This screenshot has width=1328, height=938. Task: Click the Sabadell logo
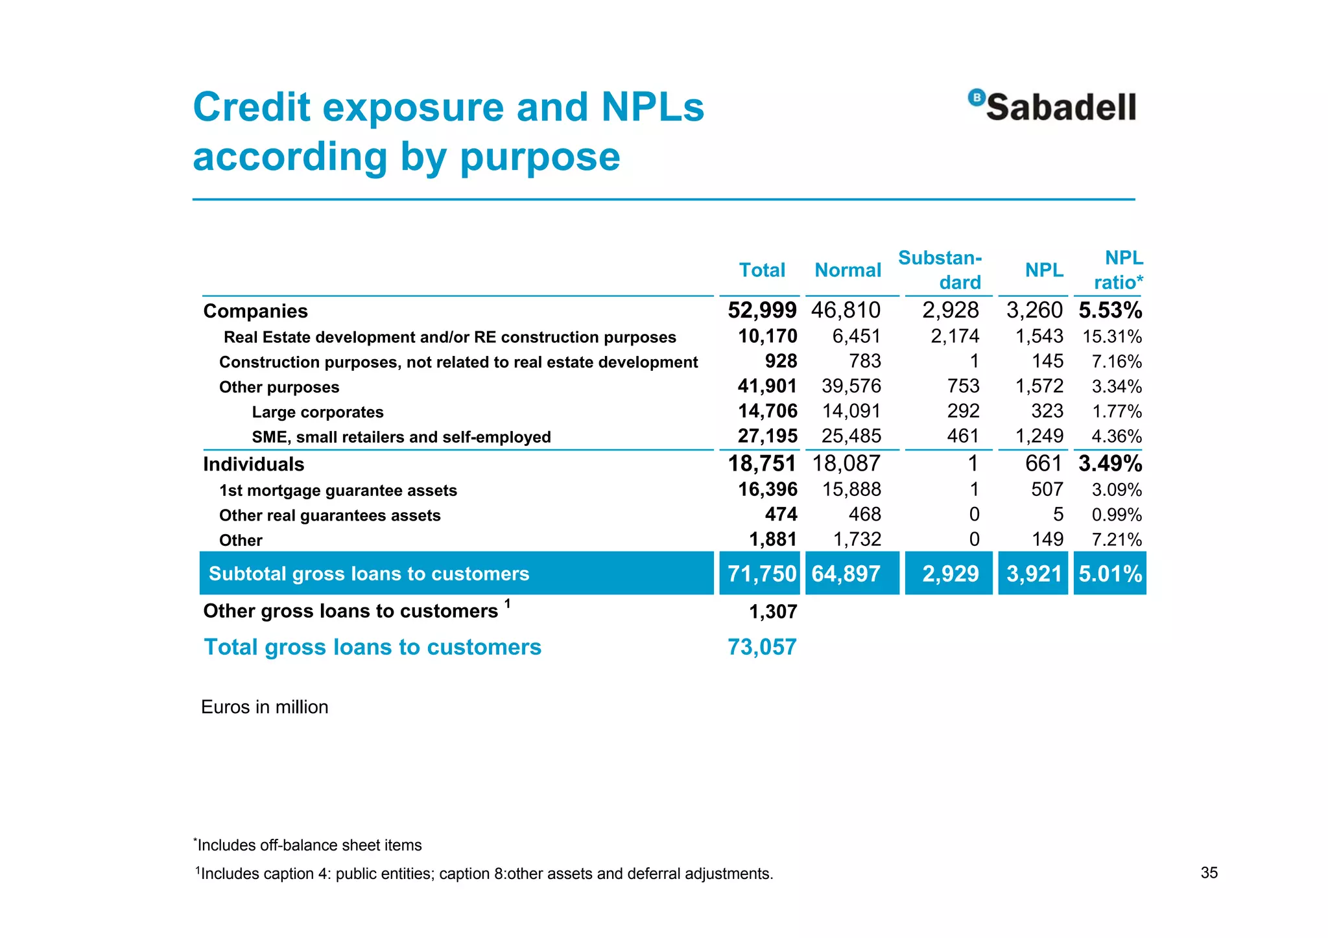pyautogui.click(x=1052, y=106)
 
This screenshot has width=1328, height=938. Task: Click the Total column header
pyautogui.click(x=762, y=270)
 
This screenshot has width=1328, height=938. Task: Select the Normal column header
pyautogui.click(x=848, y=270)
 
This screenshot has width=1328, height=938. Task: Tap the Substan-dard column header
pyautogui.click(x=940, y=270)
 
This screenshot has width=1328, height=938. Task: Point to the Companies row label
pyautogui.click(x=255, y=311)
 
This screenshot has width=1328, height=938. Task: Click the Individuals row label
pyautogui.click(x=254, y=464)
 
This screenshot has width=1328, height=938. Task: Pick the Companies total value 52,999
pyautogui.click(x=762, y=311)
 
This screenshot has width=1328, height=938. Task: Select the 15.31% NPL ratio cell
pyautogui.click(x=1112, y=336)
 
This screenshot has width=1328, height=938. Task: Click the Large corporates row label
pyautogui.click(x=318, y=412)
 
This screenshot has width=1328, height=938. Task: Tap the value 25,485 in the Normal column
pyautogui.click(x=851, y=436)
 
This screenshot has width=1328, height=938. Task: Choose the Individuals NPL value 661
pyautogui.click(x=1043, y=463)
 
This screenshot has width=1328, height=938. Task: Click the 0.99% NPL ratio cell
pyautogui.click(x=1117, y=515)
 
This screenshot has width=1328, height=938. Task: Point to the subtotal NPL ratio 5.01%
pyautogui.click(x=1110, y=574)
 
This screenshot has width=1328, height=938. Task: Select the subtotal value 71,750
pyautogui.click(x=762, y=574)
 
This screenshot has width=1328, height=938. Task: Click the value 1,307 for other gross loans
pyautogui.click(x=773, y=611)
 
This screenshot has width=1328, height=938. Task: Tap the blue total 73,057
pyautogui.click(x=762, y=647)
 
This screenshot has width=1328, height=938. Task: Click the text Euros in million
pyautogui.click(x=265, y=707)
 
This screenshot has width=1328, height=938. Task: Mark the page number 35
pyautogui.click(x=1209, y=873)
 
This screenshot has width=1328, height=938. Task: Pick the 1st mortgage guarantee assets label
pyautogui.click(x=338, y=491)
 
